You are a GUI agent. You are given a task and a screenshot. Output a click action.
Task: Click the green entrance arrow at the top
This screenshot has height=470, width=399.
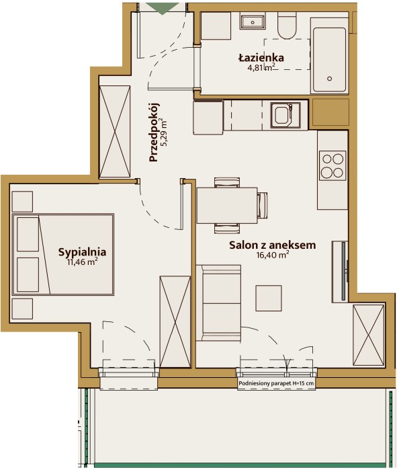pyautogui.click(x=163, y=8)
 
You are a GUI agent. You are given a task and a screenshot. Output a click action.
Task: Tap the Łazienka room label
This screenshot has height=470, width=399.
pyautogui.click(x=261, y=57)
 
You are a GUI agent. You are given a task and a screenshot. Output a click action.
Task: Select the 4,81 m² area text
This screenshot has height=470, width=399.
pyautogui.click(x=261, y=67)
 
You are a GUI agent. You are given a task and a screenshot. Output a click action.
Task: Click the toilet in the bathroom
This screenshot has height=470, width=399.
pyautogui.click(x=287, y=26)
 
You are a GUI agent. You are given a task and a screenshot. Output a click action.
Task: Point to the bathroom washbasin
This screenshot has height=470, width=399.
pyautogui.click(x=253, y=22)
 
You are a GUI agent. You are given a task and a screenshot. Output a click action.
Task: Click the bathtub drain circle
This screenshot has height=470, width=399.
pyautogui.click(x=330, y=79)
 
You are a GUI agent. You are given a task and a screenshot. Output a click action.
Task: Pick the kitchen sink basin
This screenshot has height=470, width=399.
pyautogui.click(x=281, y=115)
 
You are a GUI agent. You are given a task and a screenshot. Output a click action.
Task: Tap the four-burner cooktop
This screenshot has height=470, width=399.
pyautogui.click(x=332, y=166)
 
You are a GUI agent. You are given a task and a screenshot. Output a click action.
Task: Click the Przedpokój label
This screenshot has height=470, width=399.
pyautogui.click(x=154, y=132)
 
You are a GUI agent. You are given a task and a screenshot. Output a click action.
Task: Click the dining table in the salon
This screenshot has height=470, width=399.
pyautogui.click(x=227, y=206)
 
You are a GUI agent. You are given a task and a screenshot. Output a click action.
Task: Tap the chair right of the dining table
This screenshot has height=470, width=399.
pyautogui.click(x=263, y=206)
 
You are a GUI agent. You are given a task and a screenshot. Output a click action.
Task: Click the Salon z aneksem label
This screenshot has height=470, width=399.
pyautogui.click(x=272, y=245)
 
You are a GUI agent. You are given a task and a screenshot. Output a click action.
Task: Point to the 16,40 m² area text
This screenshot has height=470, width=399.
pyautogui.click(x=272, y=255)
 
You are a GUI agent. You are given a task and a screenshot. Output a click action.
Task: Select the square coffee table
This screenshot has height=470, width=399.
pyautogui.click(x=269, y=299)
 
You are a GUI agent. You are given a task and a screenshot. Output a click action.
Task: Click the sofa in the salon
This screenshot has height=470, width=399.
pyautogui.click(x=219, y=303)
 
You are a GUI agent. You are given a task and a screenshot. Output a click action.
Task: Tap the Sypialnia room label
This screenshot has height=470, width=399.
pyautogui.click(x=82, y=252)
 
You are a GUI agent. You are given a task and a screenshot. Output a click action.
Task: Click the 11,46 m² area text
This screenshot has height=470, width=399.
pyautogui.click(x=82, y=262)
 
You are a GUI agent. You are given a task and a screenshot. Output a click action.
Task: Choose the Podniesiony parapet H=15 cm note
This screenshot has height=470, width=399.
pyautogui.click(x=276, y=383)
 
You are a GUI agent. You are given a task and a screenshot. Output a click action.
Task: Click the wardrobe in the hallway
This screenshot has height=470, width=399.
pyautogui.click(x=115, y=132)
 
